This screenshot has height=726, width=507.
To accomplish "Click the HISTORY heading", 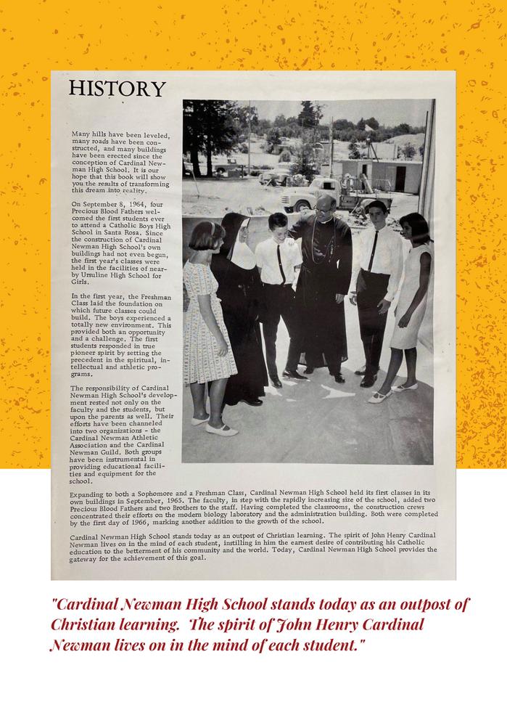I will coord(117,89).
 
